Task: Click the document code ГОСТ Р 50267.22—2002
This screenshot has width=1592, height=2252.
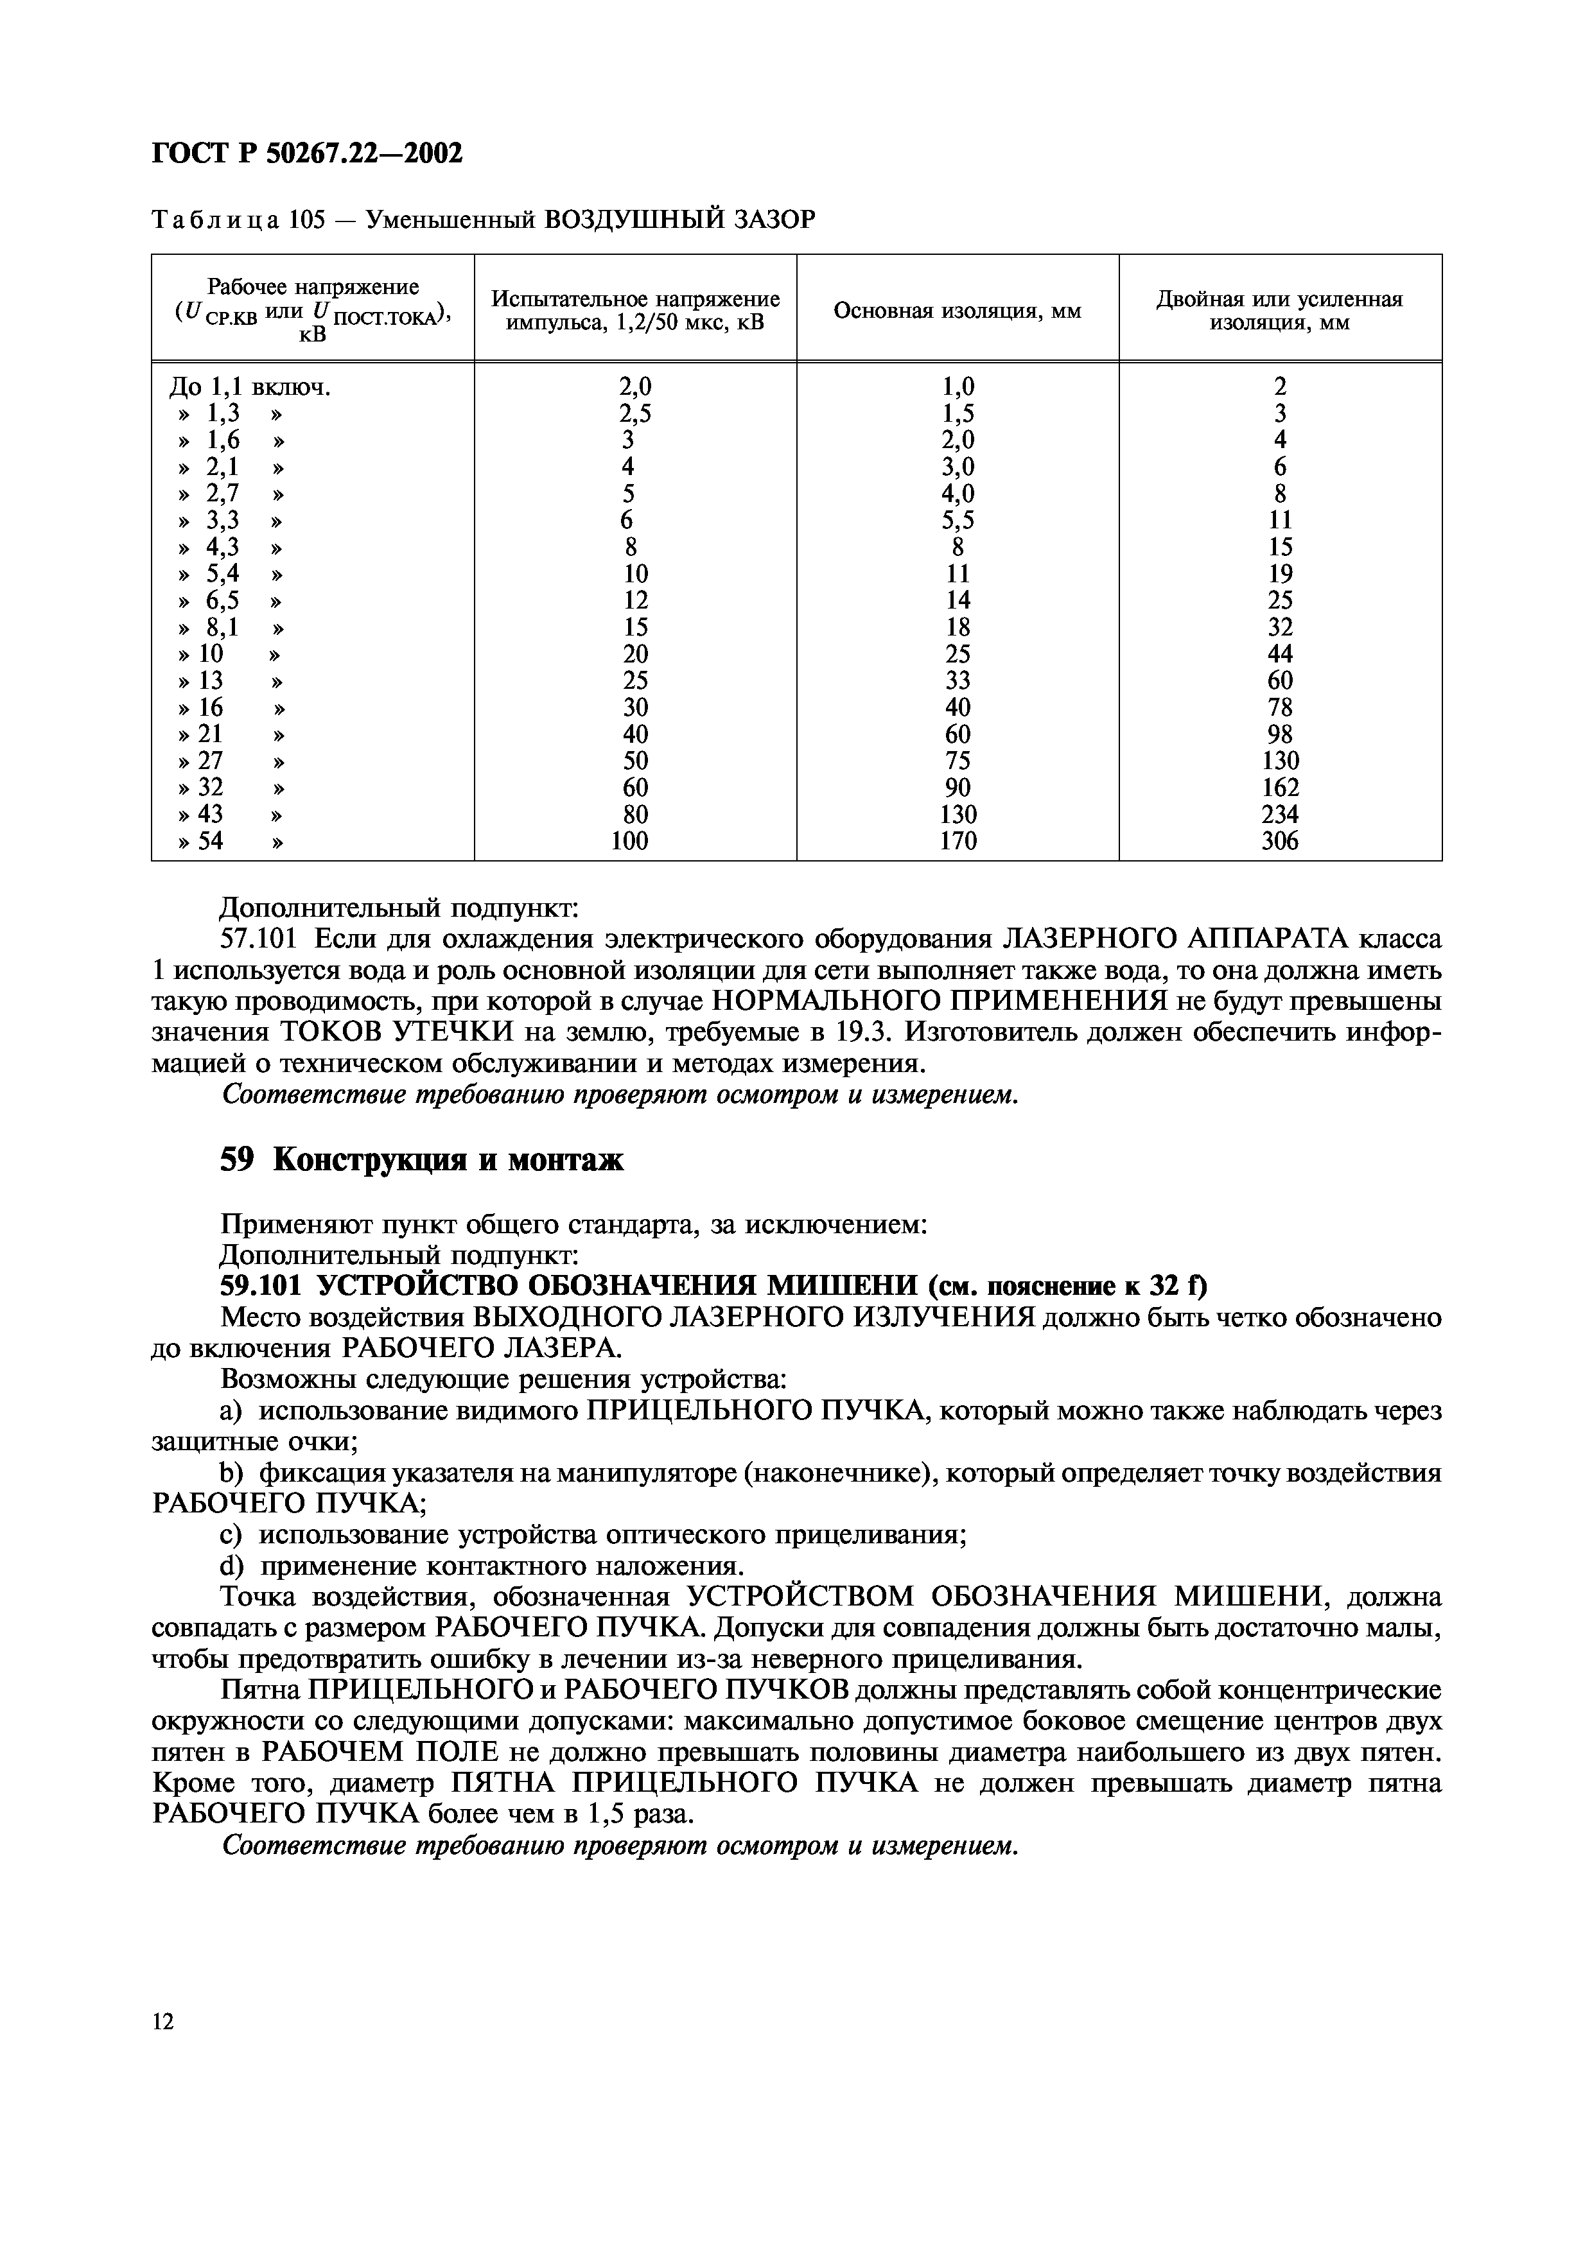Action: (307, 153)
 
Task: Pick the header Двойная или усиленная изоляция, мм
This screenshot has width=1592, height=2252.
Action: (1279, 311)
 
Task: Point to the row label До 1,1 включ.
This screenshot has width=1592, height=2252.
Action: (250, 388)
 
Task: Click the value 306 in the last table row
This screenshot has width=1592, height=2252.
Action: (1279, 840)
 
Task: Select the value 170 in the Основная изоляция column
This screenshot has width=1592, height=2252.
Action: (958, 840)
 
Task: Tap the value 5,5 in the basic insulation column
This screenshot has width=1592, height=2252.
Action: (958, 521)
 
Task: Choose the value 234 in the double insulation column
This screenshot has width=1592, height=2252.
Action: (1279, 814)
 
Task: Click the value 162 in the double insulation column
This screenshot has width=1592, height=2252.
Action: (1279, 788)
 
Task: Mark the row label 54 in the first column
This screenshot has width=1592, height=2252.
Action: (210, 840)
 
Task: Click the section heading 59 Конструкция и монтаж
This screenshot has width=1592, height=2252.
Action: (422, 1160)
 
